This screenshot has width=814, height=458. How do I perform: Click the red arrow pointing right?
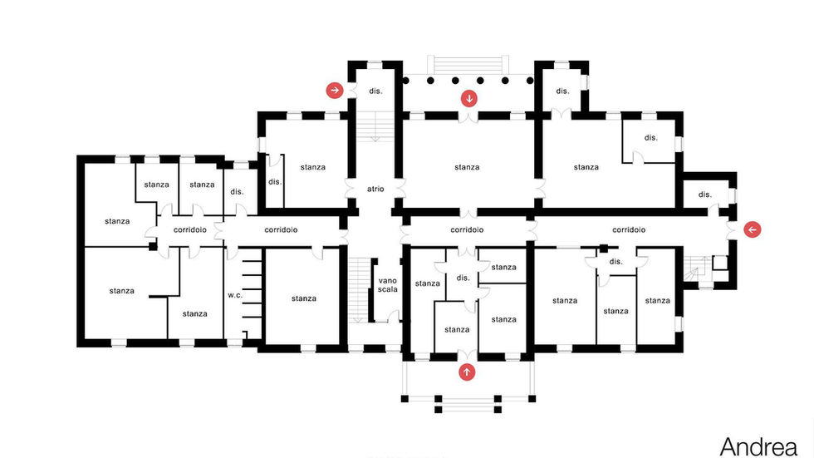(x=335, y=90)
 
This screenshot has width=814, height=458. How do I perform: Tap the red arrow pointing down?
(x=470, y=99)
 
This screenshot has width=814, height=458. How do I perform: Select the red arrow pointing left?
(x=753, y=229)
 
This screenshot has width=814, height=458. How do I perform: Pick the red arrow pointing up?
(x=467, y=372)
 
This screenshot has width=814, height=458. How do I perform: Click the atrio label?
(x=375, y=189)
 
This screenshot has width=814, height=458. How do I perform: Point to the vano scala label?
(x=387, y=284)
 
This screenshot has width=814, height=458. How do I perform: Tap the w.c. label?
(x=234, y=295)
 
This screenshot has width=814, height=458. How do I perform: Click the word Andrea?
(x=758, y=446)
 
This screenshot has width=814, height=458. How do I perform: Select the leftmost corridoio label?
(x=189, y=229)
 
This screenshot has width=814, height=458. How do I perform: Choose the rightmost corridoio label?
(x=630, y=229)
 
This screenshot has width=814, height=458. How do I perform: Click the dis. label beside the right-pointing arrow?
(x=375, y=91)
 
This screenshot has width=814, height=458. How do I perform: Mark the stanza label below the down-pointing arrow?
(x=467, y=167)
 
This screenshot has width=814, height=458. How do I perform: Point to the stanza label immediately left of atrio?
(x=312, y=167)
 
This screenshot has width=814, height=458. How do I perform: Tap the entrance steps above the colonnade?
(x=466, y=64)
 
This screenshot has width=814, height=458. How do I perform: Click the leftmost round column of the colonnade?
(x=405, y=81)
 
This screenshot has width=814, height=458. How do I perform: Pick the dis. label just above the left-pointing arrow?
(x=705, y=195)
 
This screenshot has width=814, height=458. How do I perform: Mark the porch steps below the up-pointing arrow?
(x=468, y=405)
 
